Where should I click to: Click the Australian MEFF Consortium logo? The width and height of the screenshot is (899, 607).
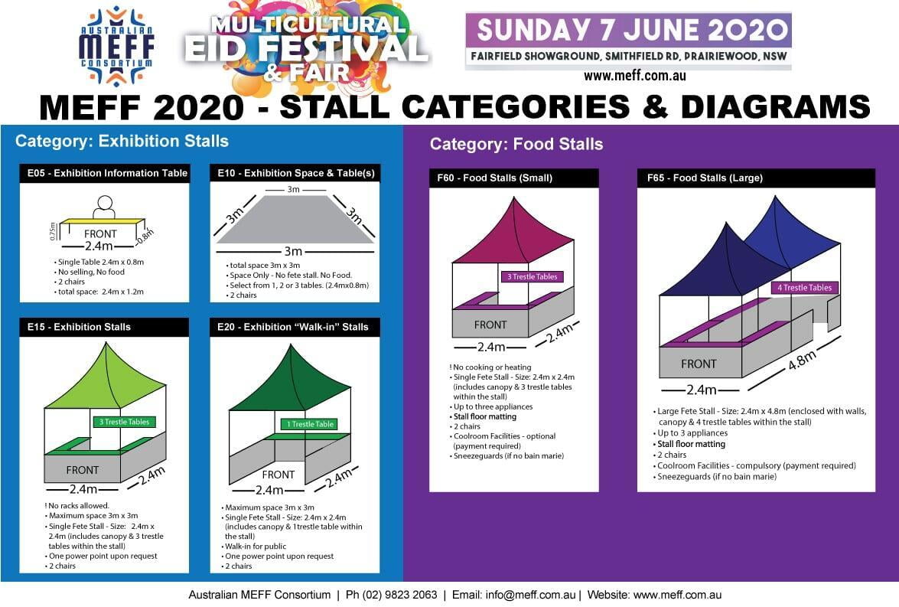click(116, 47)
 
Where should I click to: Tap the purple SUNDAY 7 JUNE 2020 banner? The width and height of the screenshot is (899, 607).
click(628, 31)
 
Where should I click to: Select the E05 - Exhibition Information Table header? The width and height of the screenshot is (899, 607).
click(103, 173)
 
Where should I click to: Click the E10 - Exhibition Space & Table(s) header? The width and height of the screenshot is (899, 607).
click(295, 173)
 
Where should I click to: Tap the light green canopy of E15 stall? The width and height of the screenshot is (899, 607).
click(105, 379)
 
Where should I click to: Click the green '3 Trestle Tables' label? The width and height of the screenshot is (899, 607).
click(123, 422)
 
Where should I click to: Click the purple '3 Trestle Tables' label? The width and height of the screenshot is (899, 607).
click(532, 276)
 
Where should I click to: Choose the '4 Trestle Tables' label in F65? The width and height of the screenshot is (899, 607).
click(804, 288)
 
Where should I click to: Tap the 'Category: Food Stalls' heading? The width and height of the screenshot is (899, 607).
click(516, 144)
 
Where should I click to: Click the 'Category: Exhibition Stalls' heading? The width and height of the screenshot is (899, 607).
click(122, 141)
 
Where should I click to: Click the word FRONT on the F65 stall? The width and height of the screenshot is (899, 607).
click(699, 364)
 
